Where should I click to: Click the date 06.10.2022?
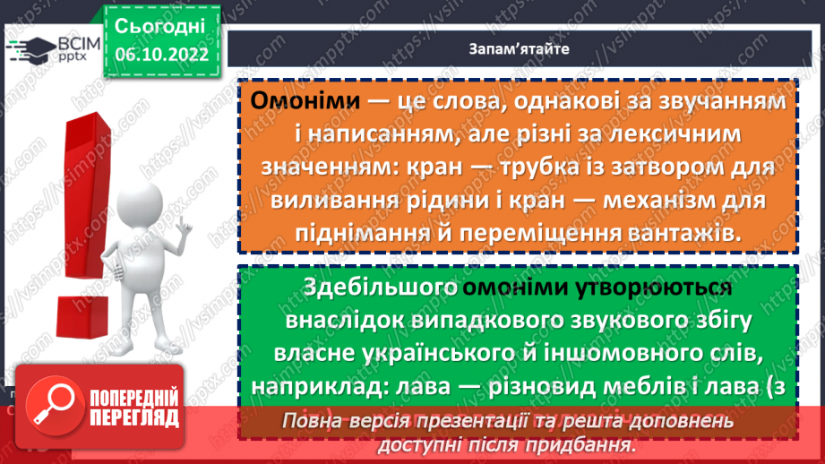161,56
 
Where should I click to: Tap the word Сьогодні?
160,26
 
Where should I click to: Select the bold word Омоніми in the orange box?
302,102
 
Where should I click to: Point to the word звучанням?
725,102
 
